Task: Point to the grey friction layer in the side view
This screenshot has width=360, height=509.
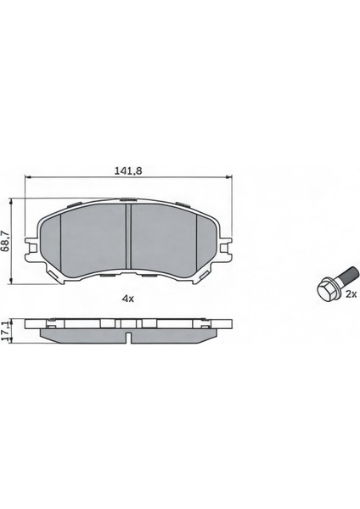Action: click(x=85, y=335)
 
